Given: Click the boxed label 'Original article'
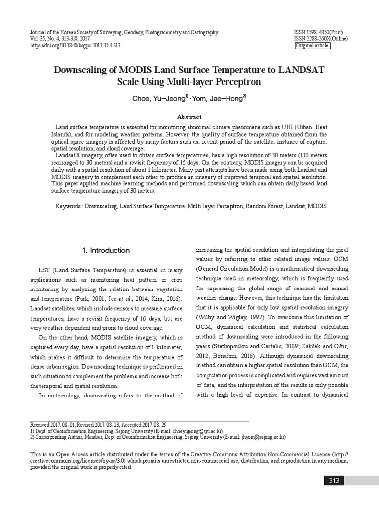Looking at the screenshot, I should point(312,46).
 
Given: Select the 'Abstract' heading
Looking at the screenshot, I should point(189,117).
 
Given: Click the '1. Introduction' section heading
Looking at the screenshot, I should point(106,251).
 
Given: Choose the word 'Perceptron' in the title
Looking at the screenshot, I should point(235,81).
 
